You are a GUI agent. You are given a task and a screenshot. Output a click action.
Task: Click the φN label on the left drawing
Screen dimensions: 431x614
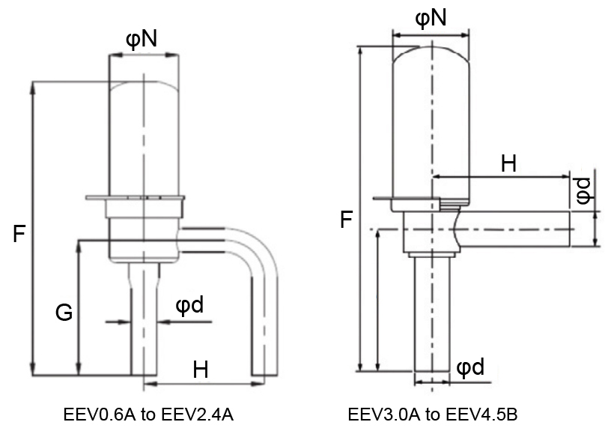pyautogui.click(x=142, y=38)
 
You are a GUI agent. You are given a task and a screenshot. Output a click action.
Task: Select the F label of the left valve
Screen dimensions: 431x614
pyautogui.click(x=19, y=235)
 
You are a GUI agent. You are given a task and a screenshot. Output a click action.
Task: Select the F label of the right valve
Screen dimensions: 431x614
pyautogui.click(x=346, y=220)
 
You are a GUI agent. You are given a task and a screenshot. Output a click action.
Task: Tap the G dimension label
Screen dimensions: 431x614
pyautogui.click(x=64, y=313)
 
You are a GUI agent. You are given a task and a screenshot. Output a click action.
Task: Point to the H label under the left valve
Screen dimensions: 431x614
pyautogui.click(x=201, y=369)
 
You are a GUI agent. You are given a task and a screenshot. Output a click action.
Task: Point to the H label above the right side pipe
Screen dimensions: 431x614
pyautogui.click(x=508, y=164)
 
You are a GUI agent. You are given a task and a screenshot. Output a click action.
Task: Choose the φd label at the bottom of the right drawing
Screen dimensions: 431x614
pyautogui.click(x=469, y=367)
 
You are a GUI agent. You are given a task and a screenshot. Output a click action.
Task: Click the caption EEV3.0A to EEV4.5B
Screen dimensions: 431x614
pyautogui.click(x=432, y=415)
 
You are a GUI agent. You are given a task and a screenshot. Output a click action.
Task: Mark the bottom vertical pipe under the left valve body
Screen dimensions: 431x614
pyautogui.click(x=144, y=330)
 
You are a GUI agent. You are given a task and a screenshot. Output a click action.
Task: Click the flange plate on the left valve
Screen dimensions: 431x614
pyautogui.click(x=135, y=198)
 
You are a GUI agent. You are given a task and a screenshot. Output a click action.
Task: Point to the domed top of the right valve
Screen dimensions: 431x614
pyautogui.click(x=431, y=56)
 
